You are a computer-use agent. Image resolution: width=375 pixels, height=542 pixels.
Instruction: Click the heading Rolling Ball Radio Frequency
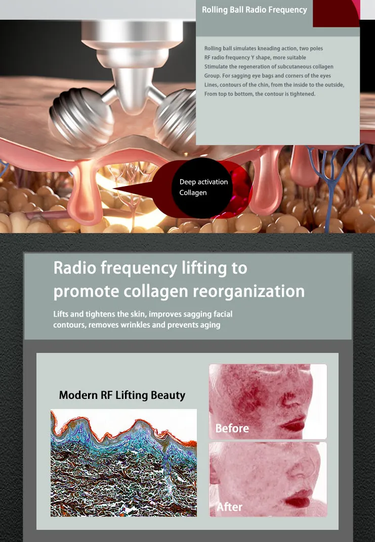tap(254, 10)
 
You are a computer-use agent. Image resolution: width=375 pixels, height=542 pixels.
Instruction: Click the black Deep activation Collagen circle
tap(202, 188)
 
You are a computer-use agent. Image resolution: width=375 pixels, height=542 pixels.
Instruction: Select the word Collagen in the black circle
tap(193, 193)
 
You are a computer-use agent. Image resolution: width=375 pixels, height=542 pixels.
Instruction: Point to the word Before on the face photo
tap(232, 428)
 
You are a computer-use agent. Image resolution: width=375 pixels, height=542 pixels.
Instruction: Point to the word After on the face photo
tap(229, 507)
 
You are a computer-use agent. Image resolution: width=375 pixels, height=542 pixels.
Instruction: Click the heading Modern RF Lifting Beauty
tap(122, 395)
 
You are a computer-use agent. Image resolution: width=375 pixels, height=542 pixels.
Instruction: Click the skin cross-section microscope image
tap(123, 463)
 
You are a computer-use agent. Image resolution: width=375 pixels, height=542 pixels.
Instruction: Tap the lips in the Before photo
tap(294, 424)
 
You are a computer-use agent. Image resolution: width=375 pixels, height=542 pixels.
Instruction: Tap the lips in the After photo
tap(297, 499)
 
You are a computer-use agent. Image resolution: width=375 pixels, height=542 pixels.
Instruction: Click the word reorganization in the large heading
tap(248, 291)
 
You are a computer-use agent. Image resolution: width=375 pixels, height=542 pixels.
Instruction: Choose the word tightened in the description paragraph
tap(301, 94)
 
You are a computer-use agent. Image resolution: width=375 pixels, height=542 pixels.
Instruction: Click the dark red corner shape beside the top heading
tap(336, 13)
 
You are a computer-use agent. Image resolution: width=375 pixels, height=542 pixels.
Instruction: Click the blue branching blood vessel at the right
tap(332, 180)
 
